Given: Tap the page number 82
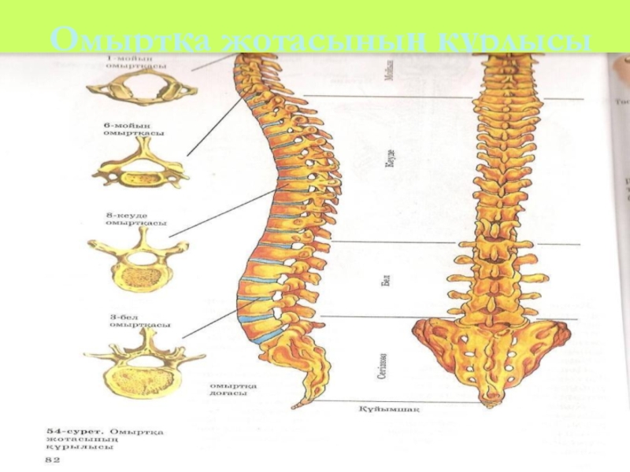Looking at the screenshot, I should click(51, 457).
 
